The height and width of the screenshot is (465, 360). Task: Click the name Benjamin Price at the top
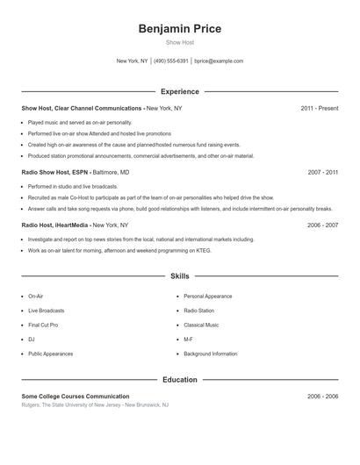tap(180, 29)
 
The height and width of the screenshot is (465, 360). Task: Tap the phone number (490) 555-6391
tap(171, 61)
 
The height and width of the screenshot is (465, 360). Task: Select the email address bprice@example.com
tap(219, 61)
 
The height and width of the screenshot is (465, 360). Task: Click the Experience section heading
tap(180, 91)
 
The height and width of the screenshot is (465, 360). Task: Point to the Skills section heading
tap(180, 275)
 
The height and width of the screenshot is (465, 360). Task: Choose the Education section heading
tap(180, 380)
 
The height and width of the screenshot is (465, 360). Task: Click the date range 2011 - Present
tap(319, 108)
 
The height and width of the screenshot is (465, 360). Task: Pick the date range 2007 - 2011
tap(322, 173)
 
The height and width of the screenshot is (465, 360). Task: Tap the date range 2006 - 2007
tap(322, 225)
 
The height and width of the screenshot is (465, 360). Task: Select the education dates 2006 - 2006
tap(322, 397)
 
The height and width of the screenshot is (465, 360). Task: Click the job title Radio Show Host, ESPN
tap(55, 173)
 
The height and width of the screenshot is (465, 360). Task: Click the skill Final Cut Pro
tap(43, 325)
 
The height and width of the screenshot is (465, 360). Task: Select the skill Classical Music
tap(201, 325)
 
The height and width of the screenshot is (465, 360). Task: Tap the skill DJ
tap(32, 340)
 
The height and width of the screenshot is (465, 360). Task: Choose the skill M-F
tap(189, 340)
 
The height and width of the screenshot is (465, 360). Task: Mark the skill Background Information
tap(211, 354)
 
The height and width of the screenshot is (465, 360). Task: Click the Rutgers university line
tap(95, 405)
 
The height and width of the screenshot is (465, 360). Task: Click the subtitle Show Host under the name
tap(180, 42)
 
